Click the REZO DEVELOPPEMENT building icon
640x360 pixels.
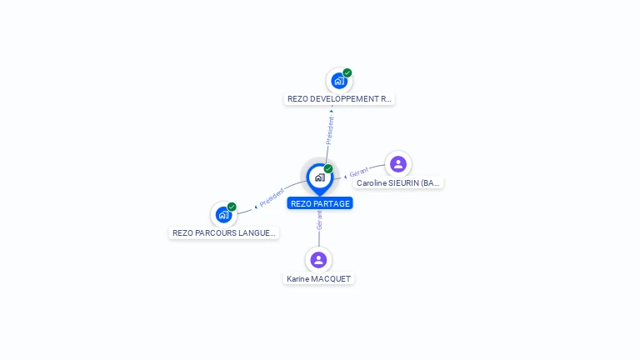[x=338, y=81]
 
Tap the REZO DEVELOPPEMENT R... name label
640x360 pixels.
[x=338, y=99]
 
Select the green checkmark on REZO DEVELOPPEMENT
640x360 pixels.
[x=347, y=72]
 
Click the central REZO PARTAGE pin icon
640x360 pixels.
[x=319, y=177]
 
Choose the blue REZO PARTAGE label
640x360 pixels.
[x=320, y=203]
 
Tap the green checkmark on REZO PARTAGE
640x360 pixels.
[x=328, y=168]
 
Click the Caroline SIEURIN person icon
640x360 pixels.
[x=398, y=164]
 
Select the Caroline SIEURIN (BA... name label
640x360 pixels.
[x=397, y=182]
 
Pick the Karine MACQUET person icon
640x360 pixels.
[x=318, y=260]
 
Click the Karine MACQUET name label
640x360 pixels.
[x=318, y=278]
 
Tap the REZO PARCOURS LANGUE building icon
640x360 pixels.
[x=222, y=215]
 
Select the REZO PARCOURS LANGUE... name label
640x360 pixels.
[x=223, y=233]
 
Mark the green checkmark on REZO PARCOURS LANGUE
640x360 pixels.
[x=232, y=207]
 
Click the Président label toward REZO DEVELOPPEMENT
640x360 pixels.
[x=329, y=130]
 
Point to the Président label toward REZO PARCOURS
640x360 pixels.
[x=272, y=197]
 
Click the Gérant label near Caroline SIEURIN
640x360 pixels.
[x=358, y=172]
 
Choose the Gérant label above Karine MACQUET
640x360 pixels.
[x=319, y=220]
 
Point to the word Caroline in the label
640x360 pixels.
[x=372, y=182]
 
